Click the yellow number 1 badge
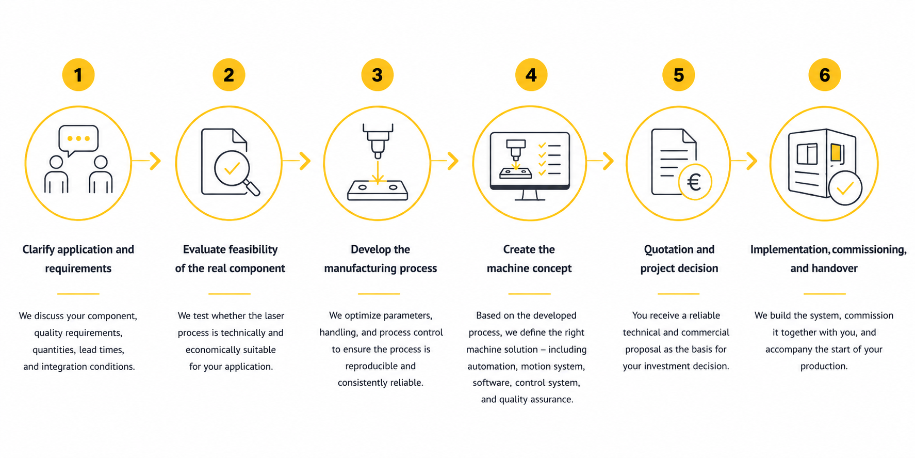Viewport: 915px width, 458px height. (78, 75)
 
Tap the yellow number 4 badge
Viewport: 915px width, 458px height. (531, 75)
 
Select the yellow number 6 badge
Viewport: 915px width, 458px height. (825, 75)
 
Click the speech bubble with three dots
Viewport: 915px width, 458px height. (78, 140)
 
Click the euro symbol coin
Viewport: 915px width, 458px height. (695, 182)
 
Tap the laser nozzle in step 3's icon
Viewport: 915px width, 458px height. (378, 141)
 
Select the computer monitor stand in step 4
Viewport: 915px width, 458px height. (530, 195)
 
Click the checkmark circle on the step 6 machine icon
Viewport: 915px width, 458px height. (845, 188)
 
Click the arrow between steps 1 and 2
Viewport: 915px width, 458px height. (146, 161)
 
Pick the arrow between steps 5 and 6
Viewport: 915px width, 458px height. (744, 161)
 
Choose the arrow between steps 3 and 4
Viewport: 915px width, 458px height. (445, 161)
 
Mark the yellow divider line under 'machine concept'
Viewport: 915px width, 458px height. (529, 294)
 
